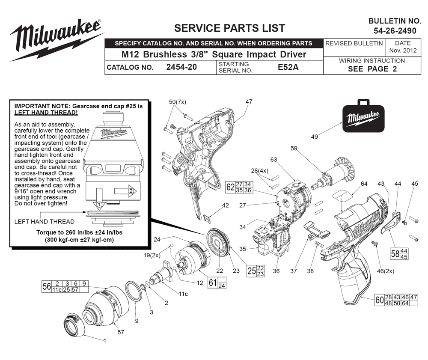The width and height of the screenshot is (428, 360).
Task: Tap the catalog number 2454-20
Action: tap(181, 67)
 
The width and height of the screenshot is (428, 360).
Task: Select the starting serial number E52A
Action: tap(288, 67)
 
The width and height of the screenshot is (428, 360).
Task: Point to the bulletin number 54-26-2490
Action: tap(395, 30)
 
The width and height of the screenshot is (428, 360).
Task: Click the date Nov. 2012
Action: tap(403, 51)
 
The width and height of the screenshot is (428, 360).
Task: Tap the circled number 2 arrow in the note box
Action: tap(125, 191)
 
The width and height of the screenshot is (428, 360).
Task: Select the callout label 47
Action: tap(249, 101)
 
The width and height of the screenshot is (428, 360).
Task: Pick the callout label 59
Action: tap(294, 148)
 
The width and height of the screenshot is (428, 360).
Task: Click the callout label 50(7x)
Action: tap(178, 102)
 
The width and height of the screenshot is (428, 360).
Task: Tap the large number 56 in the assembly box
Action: tap(46, 286)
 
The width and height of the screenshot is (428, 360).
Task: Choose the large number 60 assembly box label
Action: tap(379, 300)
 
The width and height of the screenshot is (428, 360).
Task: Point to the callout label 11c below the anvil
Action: tap(183, 294)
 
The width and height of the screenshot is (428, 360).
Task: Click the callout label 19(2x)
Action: tap(152, 256)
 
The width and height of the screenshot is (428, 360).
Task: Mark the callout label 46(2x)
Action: tap(386, 271)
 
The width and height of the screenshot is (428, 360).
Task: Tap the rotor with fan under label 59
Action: tap(334, 173)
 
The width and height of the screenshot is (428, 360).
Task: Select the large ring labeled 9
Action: tap(134, 291)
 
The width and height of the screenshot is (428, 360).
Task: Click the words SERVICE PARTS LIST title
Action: tap(229, 28)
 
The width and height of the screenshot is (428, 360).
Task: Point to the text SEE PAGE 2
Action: tap(372, 69)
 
